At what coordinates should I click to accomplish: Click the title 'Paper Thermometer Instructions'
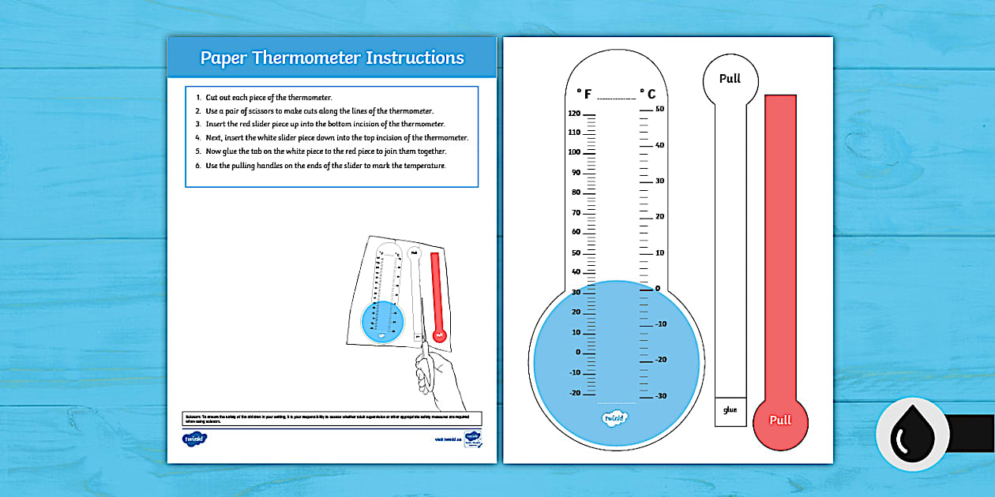pyautogui.click(x=332, y=58)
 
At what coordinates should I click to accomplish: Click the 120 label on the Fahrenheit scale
pyautogui.click(x=574, y=114)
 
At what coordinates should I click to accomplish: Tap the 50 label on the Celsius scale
pyautogui.click(x=660, y=109)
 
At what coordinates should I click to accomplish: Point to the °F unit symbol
pyautogui.click(x=584, y=94)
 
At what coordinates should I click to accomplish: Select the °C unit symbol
pyautogui.click(x=648, y=94)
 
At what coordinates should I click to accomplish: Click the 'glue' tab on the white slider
pyautogui.click(x=730, y=410)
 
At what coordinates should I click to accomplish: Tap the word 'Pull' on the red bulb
pyautogui.click(x=780, y=420)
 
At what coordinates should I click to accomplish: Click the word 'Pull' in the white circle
pyautogui.click(x=730, y=79)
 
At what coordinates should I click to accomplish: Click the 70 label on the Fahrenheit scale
pyautogui.click(x=576, y=212)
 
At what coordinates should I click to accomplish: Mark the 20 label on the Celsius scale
pyautogui.click(x=660, y=216)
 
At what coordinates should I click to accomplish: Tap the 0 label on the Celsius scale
pyautogui.click(x=658, y=288)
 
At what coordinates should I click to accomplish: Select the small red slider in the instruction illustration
pyautogui.click(x=437, y=296)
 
